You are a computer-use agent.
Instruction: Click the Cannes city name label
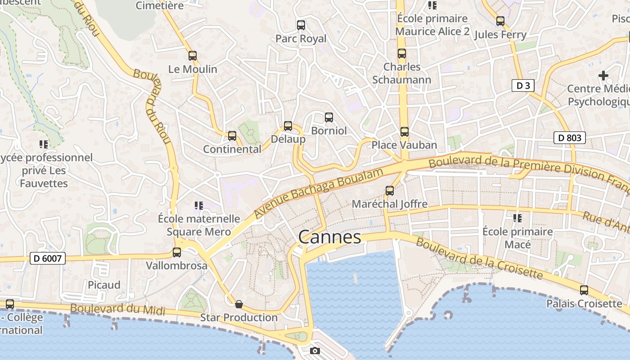pyautogui.click(x=329, y=237)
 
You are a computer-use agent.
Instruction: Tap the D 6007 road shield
pyautogui.click(x=48, y=258)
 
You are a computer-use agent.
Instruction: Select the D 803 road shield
pyautogui.click(x=569, y=138)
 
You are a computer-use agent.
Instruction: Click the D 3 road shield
pyautogui.click(x=522, y=85)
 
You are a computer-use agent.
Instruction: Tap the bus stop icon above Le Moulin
pyautogui.click(x=193, y=56)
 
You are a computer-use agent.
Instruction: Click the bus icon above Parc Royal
pyautogui.click(x=301, y=25)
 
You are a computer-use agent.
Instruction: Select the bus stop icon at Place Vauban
pyautogui.click(x=405, y=132)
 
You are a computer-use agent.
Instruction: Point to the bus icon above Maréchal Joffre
pyautogui.click(x=390, y=191)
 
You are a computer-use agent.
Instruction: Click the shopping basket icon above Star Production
pyautogui.click(x=239, y=304)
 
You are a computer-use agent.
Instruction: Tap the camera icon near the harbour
pyautogui.click(x=315, y=351)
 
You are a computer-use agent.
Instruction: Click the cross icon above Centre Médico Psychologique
pyautogui.click(x=603, y=76)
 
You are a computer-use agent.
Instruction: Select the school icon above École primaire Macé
pyautogui.click(x=517, y=218)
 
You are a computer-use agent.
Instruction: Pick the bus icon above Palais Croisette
pyautogui.click(x=584, y=290)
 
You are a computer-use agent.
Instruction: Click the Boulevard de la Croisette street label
pyautogui.click(x=479, y=258)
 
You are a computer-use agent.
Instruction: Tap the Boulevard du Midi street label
pyautogui.click(x=118, y=309)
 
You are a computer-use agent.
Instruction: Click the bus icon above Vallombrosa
pyautogui.click(x=177, y=252)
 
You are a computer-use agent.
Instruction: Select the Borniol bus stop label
pyautogui.click(x=329, y=130)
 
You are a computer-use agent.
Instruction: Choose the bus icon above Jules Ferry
pyautogui.click(x=500, y=21)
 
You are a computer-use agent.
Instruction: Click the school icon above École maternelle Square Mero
pyautogui.click(x=199, y=206)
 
